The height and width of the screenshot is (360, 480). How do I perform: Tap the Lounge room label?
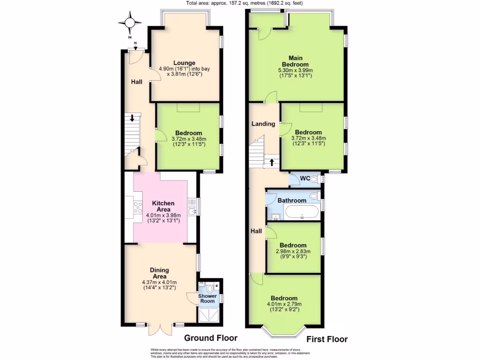184,63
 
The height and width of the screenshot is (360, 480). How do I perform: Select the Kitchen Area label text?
164,206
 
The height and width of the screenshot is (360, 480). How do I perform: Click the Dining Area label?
159,273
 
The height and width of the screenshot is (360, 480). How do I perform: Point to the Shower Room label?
207,299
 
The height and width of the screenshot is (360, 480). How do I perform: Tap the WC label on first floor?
305,178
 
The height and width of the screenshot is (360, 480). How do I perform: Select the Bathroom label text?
292,200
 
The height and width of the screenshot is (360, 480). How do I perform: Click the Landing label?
263,124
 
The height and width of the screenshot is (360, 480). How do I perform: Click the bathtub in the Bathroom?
302,212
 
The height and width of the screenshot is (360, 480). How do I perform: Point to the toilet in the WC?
315,179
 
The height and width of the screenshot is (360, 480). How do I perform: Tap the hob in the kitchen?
138,206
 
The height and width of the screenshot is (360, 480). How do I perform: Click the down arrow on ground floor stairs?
132,119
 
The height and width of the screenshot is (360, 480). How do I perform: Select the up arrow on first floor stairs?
271,163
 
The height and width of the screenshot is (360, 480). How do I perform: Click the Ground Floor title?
210,338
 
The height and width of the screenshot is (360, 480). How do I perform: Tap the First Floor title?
327,339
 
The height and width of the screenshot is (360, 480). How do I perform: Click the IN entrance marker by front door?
135,44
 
